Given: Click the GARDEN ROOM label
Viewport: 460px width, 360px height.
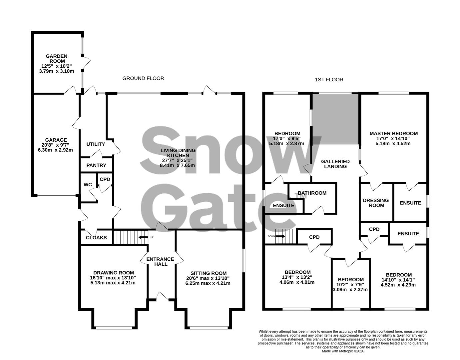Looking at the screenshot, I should tap(56, 59).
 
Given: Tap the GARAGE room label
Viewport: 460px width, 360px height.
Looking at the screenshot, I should tap(56, 140).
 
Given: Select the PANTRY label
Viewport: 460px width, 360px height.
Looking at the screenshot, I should tap(96, 165).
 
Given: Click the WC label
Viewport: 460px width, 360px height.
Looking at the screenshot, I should tap(88, 185).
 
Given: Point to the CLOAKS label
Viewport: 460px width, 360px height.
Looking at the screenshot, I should tap(96, 238).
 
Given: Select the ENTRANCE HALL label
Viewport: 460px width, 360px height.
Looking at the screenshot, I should tap(160, 262).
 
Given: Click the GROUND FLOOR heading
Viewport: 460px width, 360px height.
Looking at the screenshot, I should tap(143, 78).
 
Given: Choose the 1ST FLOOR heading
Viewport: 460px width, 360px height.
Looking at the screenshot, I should tap(329, 80).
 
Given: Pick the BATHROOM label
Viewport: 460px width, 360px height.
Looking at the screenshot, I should tap(312, 193).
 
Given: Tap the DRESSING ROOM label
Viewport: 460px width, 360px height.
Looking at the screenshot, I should tap(376, 203).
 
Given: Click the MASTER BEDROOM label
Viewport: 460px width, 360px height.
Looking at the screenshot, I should tap(393, 134).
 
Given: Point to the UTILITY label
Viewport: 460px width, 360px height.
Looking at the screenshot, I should tap(96, 144).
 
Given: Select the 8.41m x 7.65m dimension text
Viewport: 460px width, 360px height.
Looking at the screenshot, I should tap(178, 165).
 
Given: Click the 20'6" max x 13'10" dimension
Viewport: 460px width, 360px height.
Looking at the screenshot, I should tap(208, 278).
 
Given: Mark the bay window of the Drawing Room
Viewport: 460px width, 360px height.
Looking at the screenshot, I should tap(114, 327).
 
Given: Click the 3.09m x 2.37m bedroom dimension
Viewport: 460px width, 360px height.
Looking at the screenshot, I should tap(350, 289).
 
